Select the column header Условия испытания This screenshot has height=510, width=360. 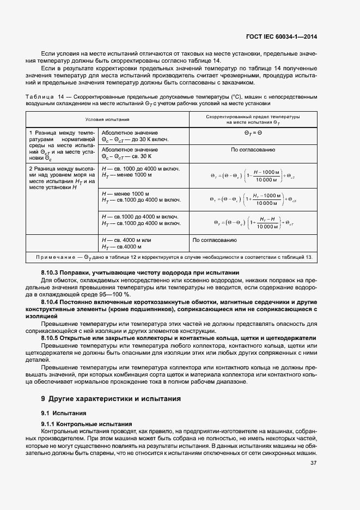point(107,119)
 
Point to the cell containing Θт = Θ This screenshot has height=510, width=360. point(253,132)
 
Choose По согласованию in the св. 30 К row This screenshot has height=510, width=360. point(253,149)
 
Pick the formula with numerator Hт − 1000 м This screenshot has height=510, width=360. point(253,199)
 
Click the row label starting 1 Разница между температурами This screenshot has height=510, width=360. point(62,145)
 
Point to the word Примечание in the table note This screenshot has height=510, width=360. point(58,257)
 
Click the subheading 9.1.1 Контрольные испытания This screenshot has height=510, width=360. point(86,424)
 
